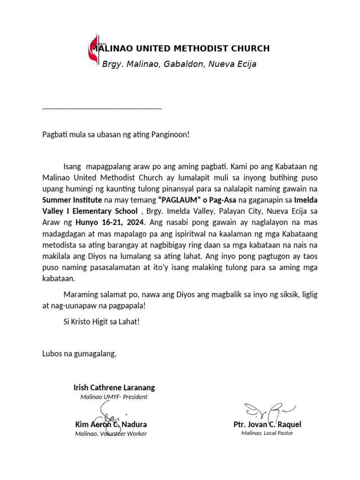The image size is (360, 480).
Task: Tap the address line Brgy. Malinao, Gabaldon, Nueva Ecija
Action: pos(179,64)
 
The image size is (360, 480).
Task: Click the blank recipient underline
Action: pos(102,107)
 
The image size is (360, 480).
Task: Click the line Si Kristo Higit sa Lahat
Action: pos(101,322)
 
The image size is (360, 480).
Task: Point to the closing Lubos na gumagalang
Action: pos(79,353)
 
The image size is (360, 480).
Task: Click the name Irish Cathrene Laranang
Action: pos(114,388)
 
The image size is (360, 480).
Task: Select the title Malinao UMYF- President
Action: pos(114,397)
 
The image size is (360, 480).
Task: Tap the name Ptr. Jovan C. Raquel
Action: pos(267,425)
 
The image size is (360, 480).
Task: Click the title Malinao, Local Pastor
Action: pos(267,433)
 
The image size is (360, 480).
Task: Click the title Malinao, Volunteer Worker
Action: pos(111,434)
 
